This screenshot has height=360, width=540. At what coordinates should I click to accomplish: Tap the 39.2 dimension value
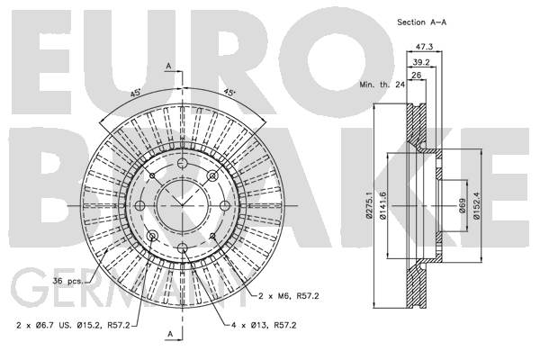tap(418, 63)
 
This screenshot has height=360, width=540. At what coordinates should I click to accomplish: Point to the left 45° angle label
tap(134, 94)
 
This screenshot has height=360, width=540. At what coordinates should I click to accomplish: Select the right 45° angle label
tap(229, 94)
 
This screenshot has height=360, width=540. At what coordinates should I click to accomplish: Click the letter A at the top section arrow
tap(169, 66)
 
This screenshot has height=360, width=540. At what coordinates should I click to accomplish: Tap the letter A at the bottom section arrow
tap(169, 332)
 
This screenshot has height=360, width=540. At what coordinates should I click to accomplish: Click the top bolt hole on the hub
tap(181, 165)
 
